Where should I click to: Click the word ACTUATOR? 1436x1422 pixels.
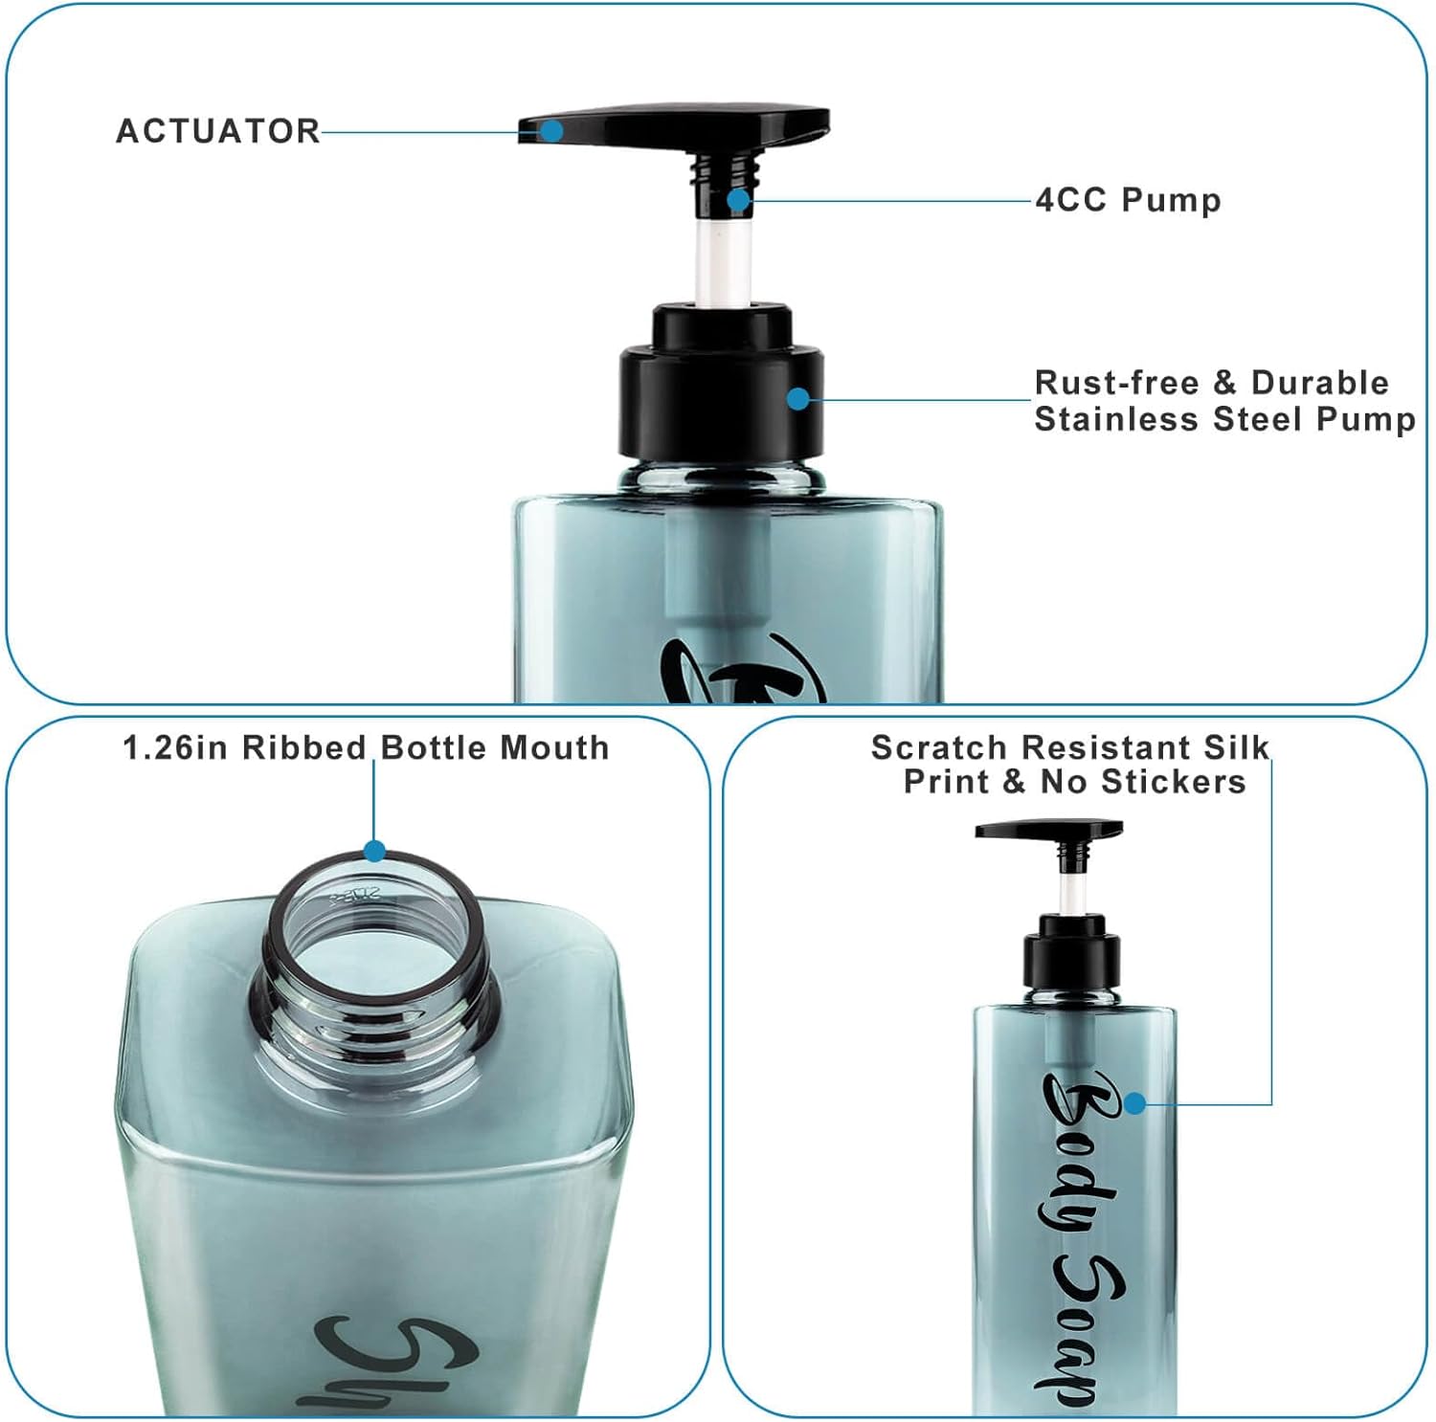pos(217,131)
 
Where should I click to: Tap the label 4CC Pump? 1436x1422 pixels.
pos(1128,200)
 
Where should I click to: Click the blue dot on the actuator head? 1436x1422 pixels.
pos(551,131)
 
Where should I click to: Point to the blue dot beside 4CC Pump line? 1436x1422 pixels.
pos(737,200)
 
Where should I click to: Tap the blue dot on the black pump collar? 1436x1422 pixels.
pos(797,399)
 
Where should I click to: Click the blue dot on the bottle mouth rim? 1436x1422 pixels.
pos(374,851)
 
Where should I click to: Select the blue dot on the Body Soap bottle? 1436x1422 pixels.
pos(1134,1103)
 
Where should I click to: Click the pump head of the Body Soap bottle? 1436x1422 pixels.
pos(1048,829)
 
